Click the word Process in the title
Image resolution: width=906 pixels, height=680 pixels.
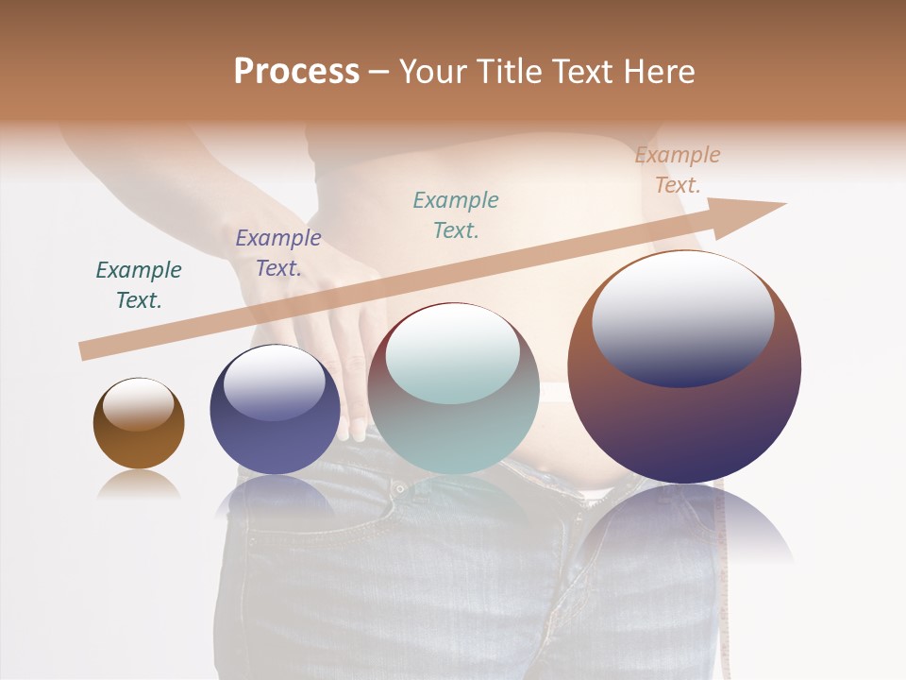[x=296, y=72]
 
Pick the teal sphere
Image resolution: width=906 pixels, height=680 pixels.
[x=453, y=425]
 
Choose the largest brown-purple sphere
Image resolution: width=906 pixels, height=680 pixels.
[x=684, y=416]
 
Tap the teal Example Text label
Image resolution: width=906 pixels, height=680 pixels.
[x=456, y=214]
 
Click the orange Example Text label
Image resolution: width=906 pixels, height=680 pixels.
[x=678, y=170]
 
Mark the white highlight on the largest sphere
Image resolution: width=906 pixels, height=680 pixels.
[x=682, y=316]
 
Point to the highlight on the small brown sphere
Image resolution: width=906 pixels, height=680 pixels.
[x=139, y=404]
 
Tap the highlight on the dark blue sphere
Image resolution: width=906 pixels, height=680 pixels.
[x=275, y=382]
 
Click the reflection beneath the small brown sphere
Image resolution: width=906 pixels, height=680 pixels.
[x=139, y=485]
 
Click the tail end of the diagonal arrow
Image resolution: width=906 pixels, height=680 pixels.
[x=87, y=351]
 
